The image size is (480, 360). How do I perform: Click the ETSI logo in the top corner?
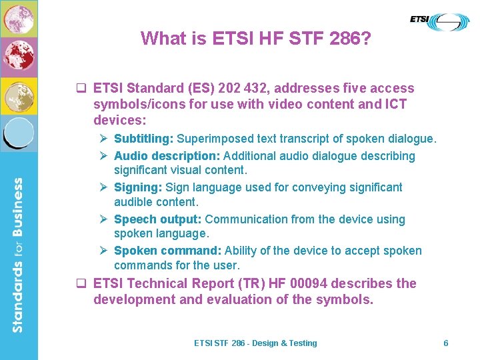point(439,22)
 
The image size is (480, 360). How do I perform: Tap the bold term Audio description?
point(167,156)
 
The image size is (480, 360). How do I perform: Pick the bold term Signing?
point(138,187)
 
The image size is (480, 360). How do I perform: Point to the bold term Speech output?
point(158,219)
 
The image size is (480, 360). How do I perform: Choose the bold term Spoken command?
point(168,251)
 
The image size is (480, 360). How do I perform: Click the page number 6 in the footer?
point(446,343)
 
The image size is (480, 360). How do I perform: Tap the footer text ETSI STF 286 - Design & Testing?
point(255,343)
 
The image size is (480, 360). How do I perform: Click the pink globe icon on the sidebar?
point(19,19)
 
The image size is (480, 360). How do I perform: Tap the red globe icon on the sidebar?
point(19,57)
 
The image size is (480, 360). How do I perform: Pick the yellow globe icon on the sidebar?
point(19,95)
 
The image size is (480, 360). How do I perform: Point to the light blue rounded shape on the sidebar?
point(19,132)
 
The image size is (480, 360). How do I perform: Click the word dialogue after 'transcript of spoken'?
point(409,139)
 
